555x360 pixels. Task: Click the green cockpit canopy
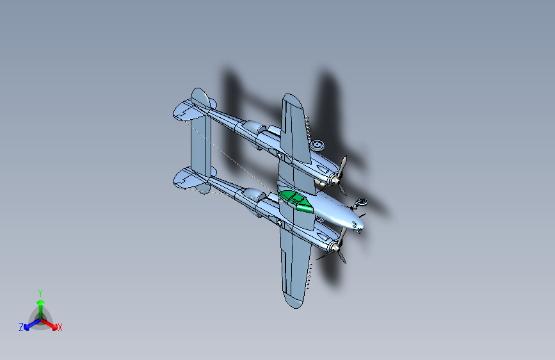tap(295, 200)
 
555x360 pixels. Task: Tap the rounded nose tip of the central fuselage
tap(358, 224)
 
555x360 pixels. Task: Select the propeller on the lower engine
tap(339, 246)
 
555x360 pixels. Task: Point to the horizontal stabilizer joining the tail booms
tap(201, 147)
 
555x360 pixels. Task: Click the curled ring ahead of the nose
tap(362, 204)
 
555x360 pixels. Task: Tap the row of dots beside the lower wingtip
tap(310, 275)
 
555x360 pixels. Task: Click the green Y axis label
tap(40, 291)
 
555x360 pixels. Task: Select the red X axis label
tap(60, 328)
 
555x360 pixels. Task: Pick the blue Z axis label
tap(21, 327)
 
